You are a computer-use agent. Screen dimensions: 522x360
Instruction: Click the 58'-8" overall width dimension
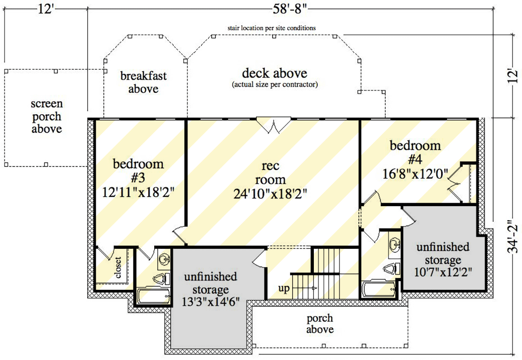pos(289,9)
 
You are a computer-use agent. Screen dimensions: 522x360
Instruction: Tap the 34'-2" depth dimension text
pos(513,236)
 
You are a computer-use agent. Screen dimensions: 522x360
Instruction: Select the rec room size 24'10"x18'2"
pos(270,193)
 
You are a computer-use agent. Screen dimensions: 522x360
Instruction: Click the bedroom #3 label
pos(138,171)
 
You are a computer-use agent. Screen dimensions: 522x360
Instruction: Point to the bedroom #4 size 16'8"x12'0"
pos(415,174)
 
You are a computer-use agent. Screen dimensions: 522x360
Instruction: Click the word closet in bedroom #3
pos(118,267)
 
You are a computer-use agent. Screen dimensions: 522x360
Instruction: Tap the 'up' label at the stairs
pos(284,288)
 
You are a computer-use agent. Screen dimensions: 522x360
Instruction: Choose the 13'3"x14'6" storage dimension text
pos(210,301)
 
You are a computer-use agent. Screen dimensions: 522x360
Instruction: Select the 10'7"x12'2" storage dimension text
pos(443,272)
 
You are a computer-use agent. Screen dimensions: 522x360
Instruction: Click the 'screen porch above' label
pos(47,116)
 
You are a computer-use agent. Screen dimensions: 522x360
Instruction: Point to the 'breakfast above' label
pos(143,82)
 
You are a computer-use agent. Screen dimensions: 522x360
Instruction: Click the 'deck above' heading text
pos(275,73)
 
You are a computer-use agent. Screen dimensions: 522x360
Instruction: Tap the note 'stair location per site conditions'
pos(272,28)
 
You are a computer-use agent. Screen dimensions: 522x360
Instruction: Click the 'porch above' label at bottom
pos(320,324)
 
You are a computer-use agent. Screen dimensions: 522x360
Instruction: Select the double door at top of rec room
pos(273,125)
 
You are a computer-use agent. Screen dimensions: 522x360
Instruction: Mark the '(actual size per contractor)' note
pos(275,84)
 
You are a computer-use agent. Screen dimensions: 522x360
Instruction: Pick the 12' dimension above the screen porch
pos(45,9)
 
